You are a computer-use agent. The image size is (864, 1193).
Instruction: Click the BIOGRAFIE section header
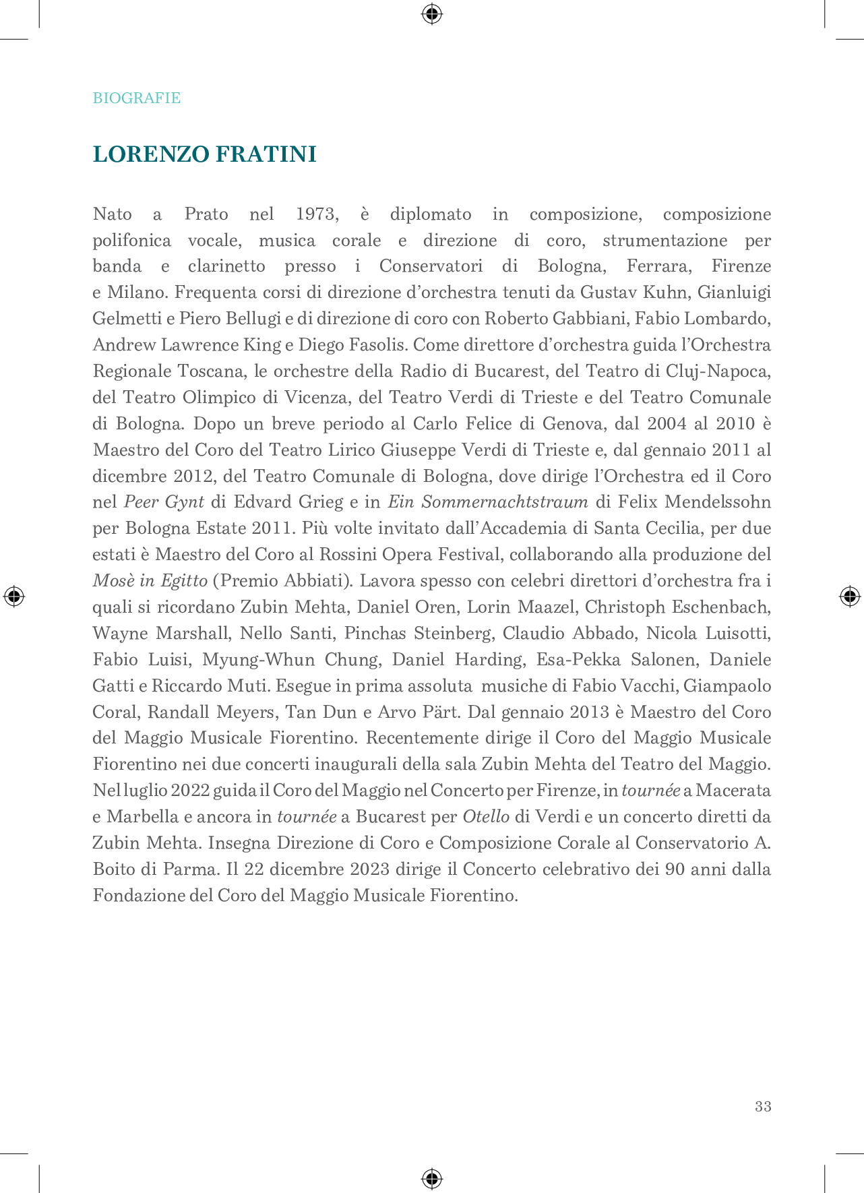click(136, 98)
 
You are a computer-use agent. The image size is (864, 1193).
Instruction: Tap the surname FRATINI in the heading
click(266, 154)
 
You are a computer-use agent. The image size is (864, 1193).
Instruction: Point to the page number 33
click(763, 1106)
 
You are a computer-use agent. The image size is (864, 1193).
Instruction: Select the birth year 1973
click(316, 214)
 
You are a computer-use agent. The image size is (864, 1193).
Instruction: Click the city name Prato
click(206, 214)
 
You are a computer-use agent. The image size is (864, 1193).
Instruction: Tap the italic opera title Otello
click(485, 817)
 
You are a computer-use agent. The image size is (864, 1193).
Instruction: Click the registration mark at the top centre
click(432, 13)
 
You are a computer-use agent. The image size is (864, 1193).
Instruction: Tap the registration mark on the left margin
click(13, 596)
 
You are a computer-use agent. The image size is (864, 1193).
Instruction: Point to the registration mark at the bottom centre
click(432, 1179)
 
